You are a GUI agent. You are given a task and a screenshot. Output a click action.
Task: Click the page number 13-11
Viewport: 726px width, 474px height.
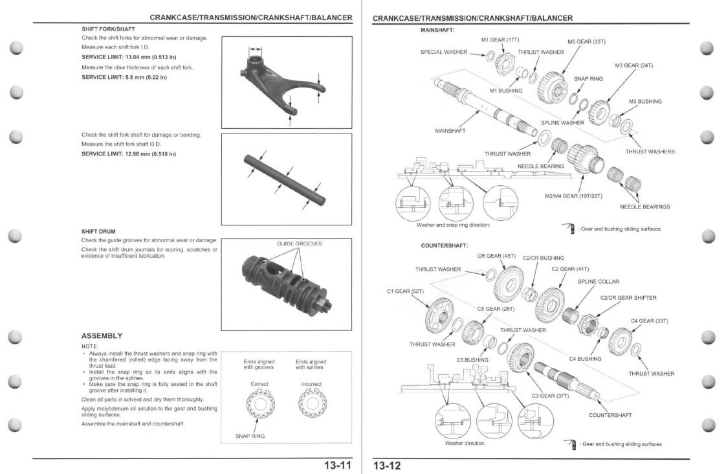[337, 465]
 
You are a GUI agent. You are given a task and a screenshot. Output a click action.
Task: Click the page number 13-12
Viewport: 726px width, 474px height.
[387, 465]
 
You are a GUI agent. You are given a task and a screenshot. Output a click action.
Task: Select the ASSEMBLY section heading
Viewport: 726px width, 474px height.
[102, 335]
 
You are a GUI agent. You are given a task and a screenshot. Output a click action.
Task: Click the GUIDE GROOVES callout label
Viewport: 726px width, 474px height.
[299, 243]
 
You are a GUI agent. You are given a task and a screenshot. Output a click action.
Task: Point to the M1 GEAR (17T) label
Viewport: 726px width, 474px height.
[500, 39]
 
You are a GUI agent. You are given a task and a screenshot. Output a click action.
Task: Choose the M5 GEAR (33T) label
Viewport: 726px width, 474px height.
[586, 41]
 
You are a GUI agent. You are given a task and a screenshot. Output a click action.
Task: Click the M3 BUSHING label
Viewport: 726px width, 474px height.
[645, 101]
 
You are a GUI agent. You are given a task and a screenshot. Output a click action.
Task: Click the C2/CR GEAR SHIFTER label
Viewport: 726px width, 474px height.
[628, 298]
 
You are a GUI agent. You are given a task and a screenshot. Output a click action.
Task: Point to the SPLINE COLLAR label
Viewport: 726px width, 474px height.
[598, 282]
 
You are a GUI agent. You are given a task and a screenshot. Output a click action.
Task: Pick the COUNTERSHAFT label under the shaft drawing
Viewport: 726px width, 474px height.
[610, 415]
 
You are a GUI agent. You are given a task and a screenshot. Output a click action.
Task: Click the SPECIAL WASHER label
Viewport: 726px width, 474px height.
[443, 52]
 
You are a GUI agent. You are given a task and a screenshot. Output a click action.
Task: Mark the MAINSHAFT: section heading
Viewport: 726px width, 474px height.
[437, 30]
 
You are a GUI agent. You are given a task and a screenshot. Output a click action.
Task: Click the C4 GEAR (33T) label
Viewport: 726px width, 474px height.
[649, 321]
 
